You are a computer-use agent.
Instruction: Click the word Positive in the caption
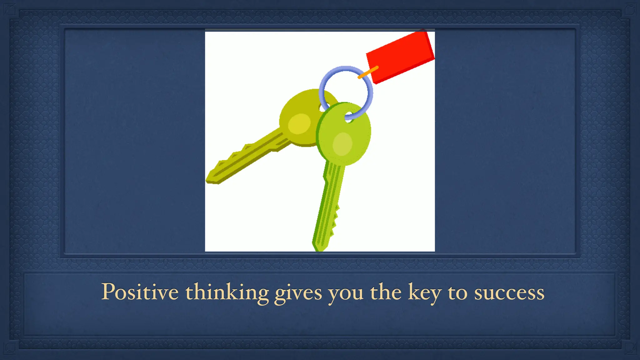point(140,292)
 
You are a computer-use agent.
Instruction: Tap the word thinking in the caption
point(227,292)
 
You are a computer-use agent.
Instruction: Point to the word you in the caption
point(345,294)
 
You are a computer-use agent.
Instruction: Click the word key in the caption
point(424,293)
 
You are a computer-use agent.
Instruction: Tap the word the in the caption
point(386,292)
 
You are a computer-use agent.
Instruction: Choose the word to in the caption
point(457,293)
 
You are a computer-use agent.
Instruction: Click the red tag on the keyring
point(402,56)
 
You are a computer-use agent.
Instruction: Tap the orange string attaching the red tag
point(368,72)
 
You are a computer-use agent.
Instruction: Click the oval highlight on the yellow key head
point(299,124)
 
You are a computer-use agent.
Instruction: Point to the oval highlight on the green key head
point(342,144)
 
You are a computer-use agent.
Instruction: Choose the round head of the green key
point(344,134)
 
